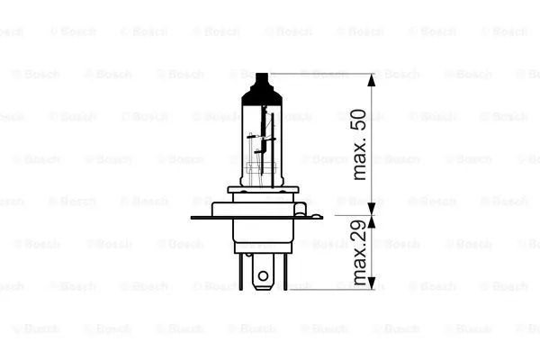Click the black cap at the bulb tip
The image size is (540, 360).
click(262, 90)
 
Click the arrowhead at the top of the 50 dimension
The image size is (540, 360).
click(371, 80)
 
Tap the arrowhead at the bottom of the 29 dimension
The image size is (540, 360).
click(371, 283)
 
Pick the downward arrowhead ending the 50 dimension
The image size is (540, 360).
click(371, 209)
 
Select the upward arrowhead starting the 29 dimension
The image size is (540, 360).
click(371, 222)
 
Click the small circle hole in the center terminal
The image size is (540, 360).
click(263, 275)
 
